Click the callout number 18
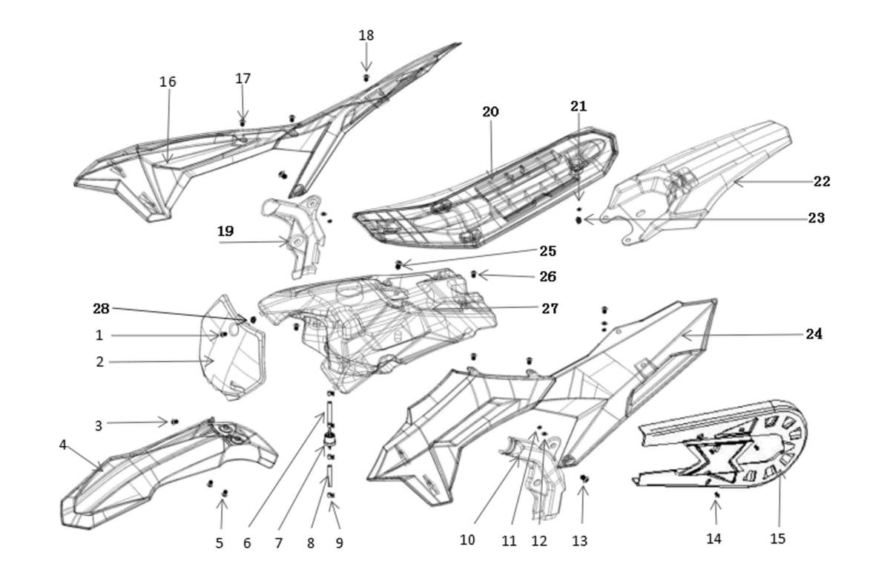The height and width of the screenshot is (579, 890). click(366, 36)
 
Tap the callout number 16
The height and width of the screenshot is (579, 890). click(168, 82)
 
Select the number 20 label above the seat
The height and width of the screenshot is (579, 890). click(490, 112)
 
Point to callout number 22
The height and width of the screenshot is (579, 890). click(822, 181)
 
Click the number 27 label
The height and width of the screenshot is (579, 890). click(550, 308)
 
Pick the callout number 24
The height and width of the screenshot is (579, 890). click(814, 334)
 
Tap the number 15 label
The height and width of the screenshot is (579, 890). click(777, 538)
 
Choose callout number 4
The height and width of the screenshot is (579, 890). click(63, 445)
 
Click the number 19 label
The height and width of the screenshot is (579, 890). click(225, 231)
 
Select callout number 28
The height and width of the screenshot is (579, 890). click(101, 309)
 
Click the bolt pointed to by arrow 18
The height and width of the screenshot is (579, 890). click(366, 77)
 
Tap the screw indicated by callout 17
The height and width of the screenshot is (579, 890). click(243, 122)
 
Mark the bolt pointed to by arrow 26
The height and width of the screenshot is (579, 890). click(473, 274)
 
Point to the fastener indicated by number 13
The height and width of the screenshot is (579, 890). click(584, 478)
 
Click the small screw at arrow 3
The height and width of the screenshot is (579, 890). click(174, 422)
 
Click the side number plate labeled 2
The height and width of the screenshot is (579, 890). click(232, 348)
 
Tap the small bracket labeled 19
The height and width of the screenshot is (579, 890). click(293, 236)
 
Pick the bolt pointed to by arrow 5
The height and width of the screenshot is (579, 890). click(225, 494)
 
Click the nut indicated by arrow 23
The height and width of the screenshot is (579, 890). click(578, 220)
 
